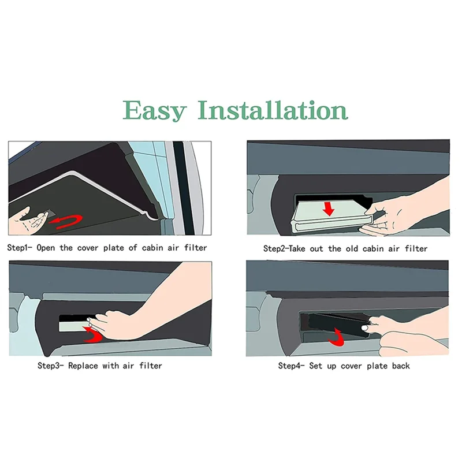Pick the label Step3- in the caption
[x=53, y=366]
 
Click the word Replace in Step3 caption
[x=86, y=366]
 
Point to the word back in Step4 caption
[x=400, y=366]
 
